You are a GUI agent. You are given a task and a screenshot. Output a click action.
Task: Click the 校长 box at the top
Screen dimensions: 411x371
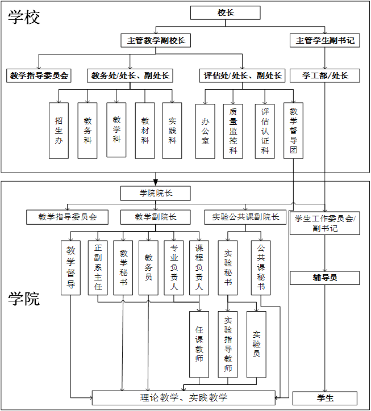(x=226, y=12)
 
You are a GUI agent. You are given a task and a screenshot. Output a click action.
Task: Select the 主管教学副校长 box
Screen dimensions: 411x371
(x=156, y=41)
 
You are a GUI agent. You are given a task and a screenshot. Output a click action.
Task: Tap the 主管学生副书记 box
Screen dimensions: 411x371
(x=325, y=41)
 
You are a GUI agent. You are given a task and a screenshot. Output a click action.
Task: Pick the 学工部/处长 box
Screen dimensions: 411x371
(x=325, y=76)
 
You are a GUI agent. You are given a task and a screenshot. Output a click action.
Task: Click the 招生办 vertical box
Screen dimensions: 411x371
(x=59, y=130)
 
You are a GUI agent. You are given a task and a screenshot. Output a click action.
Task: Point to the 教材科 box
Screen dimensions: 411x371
(x=145, y=130)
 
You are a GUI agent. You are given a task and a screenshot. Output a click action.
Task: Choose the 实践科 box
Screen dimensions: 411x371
(x=172, y=130)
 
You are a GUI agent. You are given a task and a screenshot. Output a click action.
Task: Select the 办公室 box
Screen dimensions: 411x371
(x=205, y=131)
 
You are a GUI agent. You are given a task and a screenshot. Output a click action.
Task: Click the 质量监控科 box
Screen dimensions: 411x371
(x=233, y=131)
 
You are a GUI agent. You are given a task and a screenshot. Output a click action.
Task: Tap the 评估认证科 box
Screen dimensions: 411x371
(x=265, y=131)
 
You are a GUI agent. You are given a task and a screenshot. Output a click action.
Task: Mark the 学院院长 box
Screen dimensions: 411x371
(x=156, y=194)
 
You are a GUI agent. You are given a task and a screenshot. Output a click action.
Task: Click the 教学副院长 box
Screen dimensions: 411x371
(x=156, y=217)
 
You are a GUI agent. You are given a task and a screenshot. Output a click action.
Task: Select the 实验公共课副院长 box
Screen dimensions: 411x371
(x=245, y=217)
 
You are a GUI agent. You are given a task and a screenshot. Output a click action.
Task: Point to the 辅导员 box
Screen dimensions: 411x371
(x=325, y=278)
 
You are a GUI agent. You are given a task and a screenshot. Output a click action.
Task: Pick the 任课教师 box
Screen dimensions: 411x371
(x=199, y=344)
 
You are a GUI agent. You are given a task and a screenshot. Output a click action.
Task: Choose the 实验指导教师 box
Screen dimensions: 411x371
(x=228, y=344)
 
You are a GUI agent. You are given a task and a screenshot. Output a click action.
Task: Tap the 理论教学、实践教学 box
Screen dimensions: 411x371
(x=184, y=398)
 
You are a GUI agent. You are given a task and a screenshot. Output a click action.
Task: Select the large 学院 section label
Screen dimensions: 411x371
(x=24, y=299)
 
